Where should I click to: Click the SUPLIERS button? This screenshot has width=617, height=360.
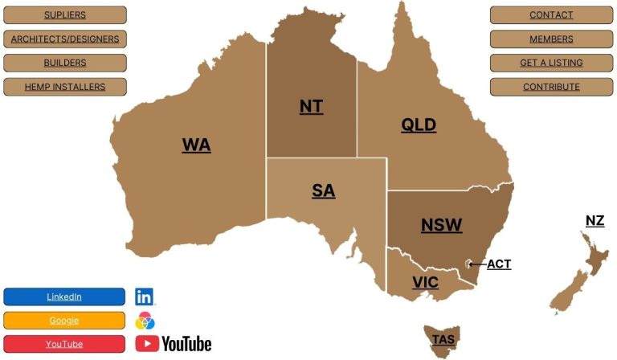(x=65, y=15)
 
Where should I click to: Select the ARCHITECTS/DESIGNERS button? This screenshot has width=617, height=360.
(x=65, y=39)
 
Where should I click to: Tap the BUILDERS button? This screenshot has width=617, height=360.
(x=65, y=63)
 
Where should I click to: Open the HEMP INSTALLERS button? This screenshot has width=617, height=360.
(x=65, y=87)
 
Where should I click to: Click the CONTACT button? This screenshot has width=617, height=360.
(x=551, y=15)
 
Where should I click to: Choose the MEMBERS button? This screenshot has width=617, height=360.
(x=551, y=39)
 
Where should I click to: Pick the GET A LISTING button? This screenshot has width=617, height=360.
(x=551, y=63)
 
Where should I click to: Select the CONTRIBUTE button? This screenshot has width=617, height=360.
(x=551, y=87)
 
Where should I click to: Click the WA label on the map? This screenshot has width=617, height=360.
(x=196, y=145)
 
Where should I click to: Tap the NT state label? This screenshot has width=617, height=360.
(x=311, y=106)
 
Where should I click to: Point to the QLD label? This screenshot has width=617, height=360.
(x=419, y=125)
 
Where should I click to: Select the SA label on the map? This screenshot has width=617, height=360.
(x=323, y=190)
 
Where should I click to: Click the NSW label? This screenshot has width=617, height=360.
(x=442, y=225)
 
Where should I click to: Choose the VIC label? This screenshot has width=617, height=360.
(x=425, y=282)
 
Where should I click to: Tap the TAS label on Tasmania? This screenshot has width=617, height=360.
(x=443, y=339)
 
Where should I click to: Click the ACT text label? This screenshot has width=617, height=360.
(x=499, y=264)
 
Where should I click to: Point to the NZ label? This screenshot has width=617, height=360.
(x=595, y=220)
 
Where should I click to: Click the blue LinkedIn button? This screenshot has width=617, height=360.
(x=64, y=297)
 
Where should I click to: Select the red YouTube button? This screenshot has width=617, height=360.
(x=64, y=344)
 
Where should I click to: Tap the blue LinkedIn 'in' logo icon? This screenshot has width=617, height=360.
(x=145, y=297)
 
